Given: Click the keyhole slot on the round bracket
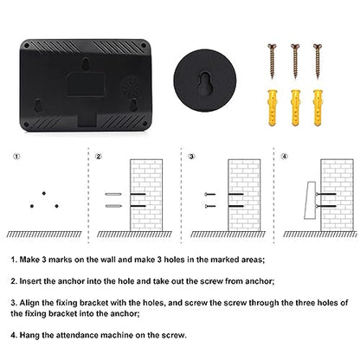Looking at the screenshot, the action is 205,83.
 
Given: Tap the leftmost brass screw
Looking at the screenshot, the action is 272,61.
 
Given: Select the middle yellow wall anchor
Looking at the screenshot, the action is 295,108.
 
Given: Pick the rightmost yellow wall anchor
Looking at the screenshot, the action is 318,108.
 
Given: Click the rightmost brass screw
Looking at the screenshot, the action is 318,61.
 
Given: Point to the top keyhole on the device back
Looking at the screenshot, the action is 86,63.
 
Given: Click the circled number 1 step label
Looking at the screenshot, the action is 17,157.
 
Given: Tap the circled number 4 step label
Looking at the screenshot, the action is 285,157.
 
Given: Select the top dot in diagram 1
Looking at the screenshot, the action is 44,193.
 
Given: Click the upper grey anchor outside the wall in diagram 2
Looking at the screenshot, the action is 113,194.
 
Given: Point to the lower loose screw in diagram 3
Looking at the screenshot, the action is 210,206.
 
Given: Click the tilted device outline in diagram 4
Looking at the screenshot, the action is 311,200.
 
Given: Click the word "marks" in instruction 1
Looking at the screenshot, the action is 60,260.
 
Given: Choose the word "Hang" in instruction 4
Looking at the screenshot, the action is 29,335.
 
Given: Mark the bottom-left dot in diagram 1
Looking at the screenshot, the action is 32,206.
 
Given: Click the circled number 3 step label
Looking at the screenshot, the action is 191,157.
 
